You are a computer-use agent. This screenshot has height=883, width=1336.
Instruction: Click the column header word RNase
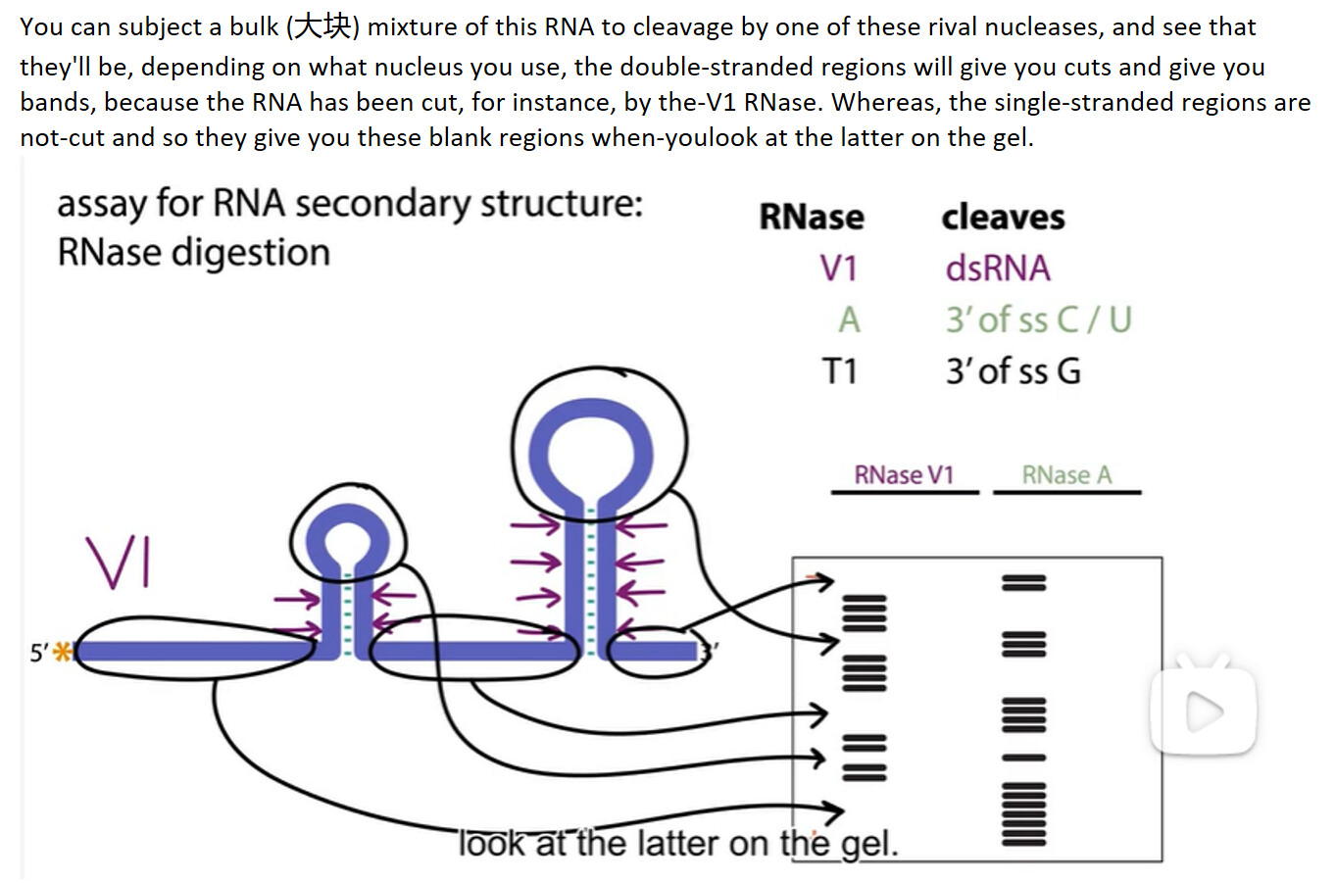point(811,217)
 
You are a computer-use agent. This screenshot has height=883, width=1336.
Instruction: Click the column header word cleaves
point(1002,217)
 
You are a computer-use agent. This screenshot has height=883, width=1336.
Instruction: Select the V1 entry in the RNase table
point(838,269)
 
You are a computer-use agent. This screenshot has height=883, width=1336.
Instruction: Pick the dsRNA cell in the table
point(997,269)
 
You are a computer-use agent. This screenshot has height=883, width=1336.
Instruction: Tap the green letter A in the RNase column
point(848,319)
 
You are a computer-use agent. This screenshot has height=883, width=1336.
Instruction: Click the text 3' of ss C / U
point(1037,319)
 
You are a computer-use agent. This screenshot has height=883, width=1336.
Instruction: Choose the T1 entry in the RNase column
point(839,371)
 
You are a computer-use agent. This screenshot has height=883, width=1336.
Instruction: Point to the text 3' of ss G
point(1013,371)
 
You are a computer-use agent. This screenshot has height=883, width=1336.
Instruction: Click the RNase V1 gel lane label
point(903,475)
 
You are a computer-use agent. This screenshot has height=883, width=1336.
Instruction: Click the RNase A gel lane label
point(1066,475)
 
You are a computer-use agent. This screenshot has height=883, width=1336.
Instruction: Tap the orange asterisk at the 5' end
point(64,652)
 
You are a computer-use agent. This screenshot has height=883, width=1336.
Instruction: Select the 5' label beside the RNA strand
point(38,653)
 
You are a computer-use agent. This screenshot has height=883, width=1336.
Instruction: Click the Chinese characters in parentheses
point(322,26)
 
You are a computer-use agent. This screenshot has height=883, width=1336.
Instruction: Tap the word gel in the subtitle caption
point(868,843)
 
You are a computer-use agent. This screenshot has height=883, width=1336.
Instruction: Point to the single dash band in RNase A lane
point(1023,758)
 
